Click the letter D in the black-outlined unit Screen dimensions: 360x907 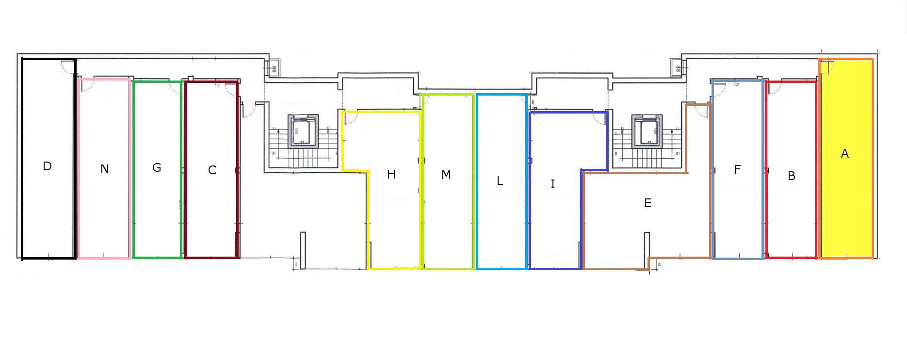(47, 166)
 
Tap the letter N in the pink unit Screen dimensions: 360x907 (105, 169)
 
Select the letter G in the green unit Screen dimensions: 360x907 (157, 168)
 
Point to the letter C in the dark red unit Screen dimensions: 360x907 (212, 170)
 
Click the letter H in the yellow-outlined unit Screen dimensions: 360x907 (391, 175)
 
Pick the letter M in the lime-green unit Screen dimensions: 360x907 (446, 175)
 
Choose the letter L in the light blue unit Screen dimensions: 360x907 (500, 181)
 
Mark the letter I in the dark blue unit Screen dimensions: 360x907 (552, 184)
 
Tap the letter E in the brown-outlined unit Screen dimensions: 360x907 (648, 203)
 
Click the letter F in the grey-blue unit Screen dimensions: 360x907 (737, 170)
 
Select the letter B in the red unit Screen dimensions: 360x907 (792, 176)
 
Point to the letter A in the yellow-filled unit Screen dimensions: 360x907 (845, 154)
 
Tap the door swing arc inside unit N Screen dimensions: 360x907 (87, 86)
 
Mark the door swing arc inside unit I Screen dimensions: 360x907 (600, 119)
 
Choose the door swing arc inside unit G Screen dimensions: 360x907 (175, 87)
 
